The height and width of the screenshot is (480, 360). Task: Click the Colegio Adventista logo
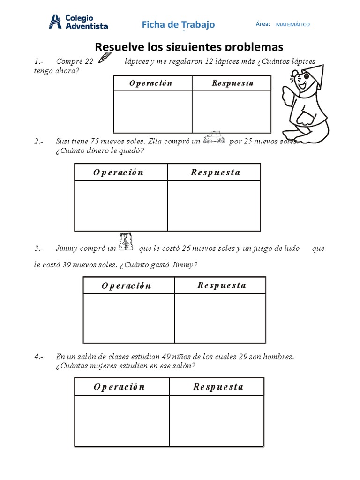coord(78,21)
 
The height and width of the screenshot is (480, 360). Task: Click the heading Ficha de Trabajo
coord(178,24)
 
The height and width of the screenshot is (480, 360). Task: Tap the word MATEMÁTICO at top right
coord(292,24)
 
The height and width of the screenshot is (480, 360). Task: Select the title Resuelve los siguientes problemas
coord(189,47)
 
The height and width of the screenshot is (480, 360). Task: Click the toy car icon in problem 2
coord(214,139)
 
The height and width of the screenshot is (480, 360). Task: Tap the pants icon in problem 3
coord(126,241)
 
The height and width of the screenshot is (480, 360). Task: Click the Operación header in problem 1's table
coord(151,83)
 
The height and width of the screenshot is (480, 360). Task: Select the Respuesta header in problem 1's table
coord(232,83)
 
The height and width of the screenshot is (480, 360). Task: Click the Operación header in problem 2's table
coord(119,172)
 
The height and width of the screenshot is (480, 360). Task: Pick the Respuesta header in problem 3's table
coord(221,285)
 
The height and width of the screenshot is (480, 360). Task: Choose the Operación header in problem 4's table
coord(120,387)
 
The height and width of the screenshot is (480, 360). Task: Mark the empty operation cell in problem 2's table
coord(120,205)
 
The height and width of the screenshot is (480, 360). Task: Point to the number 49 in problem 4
coord(172,357)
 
